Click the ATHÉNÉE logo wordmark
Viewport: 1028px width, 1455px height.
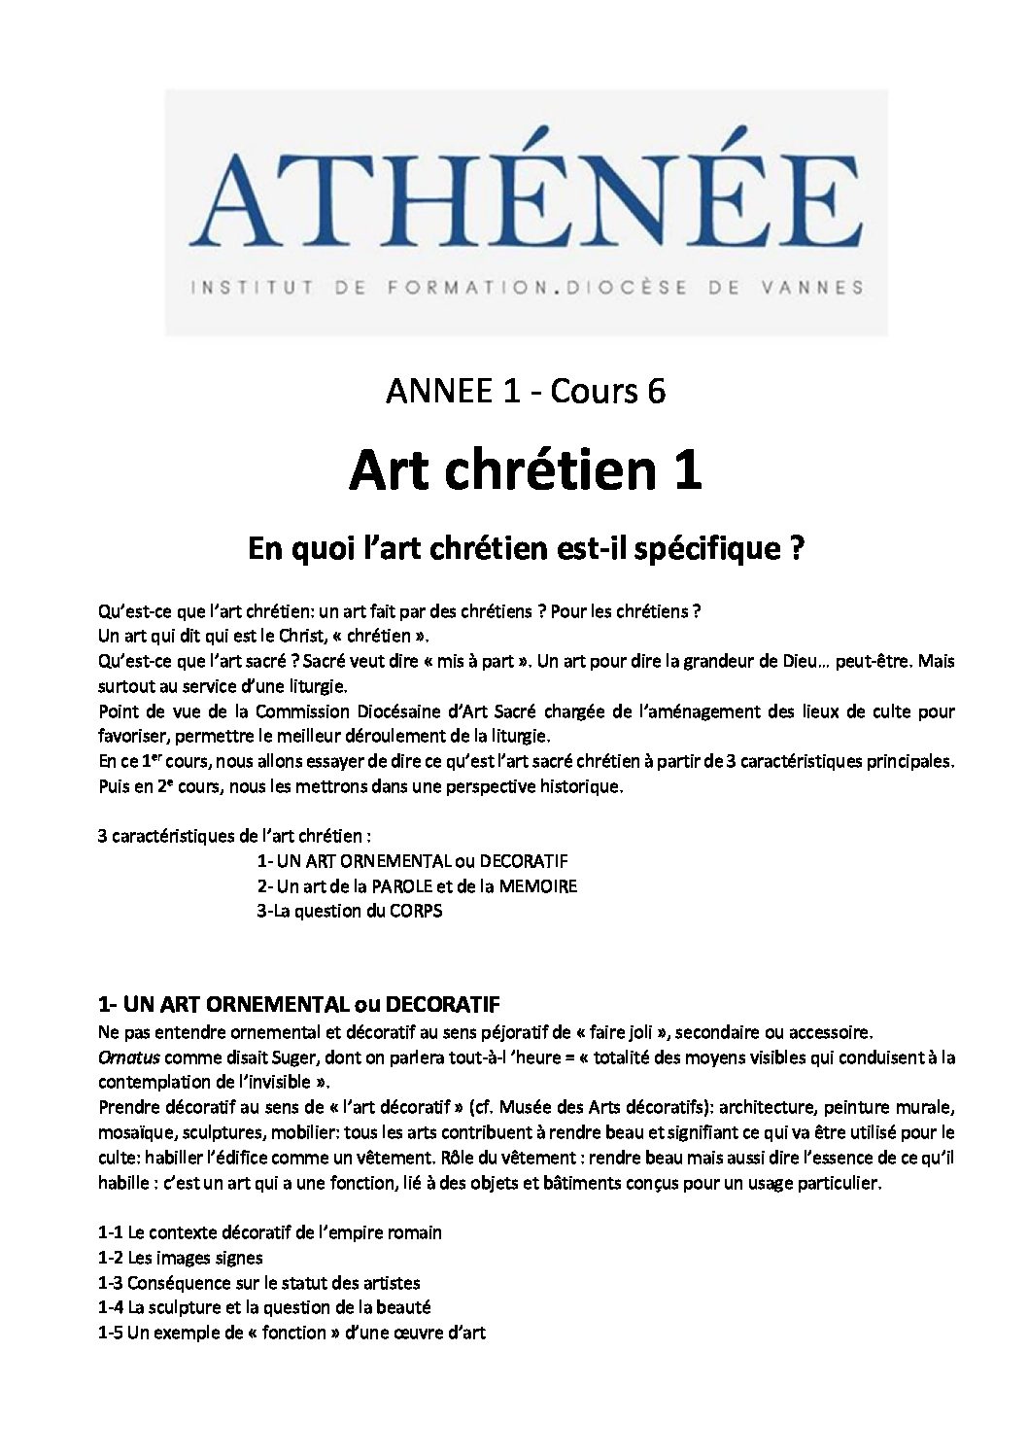(x=526, y=200)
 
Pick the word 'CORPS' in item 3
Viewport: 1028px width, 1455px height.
(x=417, y=911)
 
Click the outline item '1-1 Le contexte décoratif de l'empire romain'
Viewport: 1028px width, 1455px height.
(x=270, y=1232)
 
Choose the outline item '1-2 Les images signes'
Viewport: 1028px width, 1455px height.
(x=181, y=1258)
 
